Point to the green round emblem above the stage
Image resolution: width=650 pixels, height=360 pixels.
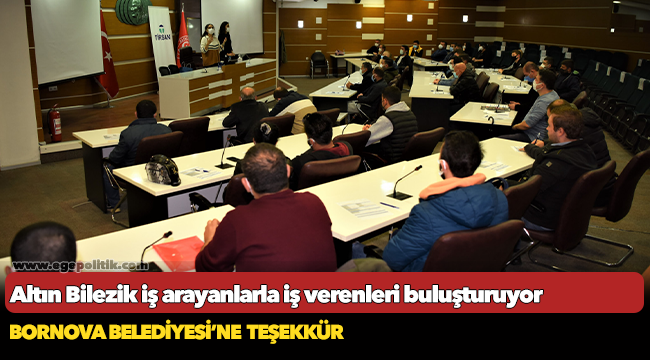132,11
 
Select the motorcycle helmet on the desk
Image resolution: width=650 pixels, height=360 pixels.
163,170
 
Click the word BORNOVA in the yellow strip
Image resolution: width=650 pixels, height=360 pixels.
48,331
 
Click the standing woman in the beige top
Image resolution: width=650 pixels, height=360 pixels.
209,45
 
